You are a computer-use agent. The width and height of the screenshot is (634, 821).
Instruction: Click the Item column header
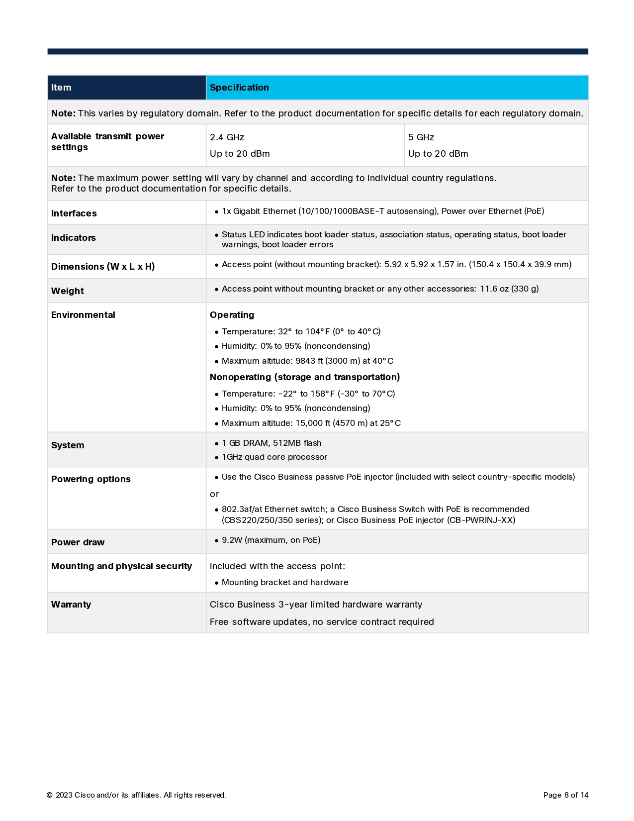[61, 88]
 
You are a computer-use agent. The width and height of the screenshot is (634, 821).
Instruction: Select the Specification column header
[239, 88]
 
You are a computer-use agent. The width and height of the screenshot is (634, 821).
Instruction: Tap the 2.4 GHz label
[227, 137]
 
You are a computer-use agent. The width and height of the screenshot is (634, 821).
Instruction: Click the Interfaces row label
[74, 213]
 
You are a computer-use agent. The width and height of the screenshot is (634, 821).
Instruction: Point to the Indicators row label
[74, 238]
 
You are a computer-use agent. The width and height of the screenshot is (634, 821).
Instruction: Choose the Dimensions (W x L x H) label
[103, 267]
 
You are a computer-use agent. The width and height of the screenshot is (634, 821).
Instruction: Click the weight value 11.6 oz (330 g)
[509, 289]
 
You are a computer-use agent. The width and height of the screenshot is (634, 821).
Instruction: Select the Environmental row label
[83, 315]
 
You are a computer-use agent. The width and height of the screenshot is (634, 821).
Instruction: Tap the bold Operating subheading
[232, 315]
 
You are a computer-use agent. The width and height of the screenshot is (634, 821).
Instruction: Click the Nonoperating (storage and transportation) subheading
[305, 377]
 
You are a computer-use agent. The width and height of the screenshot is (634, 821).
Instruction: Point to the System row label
[68, 445]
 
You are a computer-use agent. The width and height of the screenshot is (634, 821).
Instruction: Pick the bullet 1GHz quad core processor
[274, 457]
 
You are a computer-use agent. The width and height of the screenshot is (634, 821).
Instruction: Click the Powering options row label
[91, 479]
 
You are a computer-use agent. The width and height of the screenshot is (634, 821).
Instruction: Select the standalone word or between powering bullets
[214, 494]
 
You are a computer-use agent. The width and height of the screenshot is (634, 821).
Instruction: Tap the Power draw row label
[78, 542]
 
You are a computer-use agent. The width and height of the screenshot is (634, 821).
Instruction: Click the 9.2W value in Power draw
[232, 540]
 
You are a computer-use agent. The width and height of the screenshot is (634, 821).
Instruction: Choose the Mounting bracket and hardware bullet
[285, 582]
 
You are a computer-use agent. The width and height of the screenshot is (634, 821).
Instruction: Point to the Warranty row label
[71, 605]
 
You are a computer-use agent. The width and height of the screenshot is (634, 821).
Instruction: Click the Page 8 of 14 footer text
[566, 795]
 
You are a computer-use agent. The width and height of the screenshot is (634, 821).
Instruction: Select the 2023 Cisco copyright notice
[137, 795]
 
